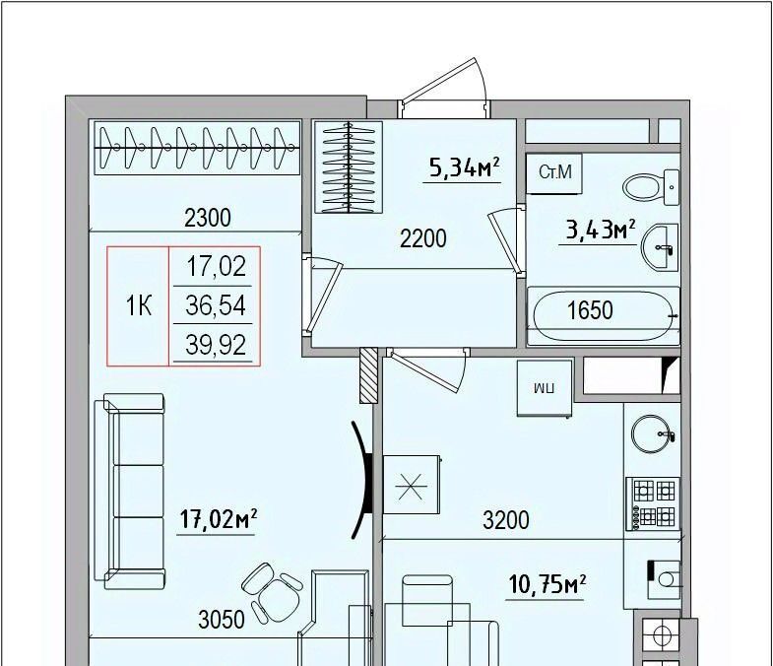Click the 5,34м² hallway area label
point(465,167)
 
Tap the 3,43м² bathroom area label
point(600,230)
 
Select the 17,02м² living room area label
point(219,519)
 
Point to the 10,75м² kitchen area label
point(548,585)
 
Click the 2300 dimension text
point(208,218)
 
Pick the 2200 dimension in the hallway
point(423,238)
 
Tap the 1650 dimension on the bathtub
point(590,310)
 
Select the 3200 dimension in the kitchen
point(506,520)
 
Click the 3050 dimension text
point(222,620)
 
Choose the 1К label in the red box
point(139,305)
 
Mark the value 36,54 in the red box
point(216,305)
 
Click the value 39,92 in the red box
point(216,345)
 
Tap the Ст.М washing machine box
point(554,173)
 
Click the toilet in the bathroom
point(651,187)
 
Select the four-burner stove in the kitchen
point(653,503)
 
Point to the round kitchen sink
point(652,434)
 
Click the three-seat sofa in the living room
point(129,492)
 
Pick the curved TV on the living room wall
point(363,479)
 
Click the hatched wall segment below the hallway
point(368,375)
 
